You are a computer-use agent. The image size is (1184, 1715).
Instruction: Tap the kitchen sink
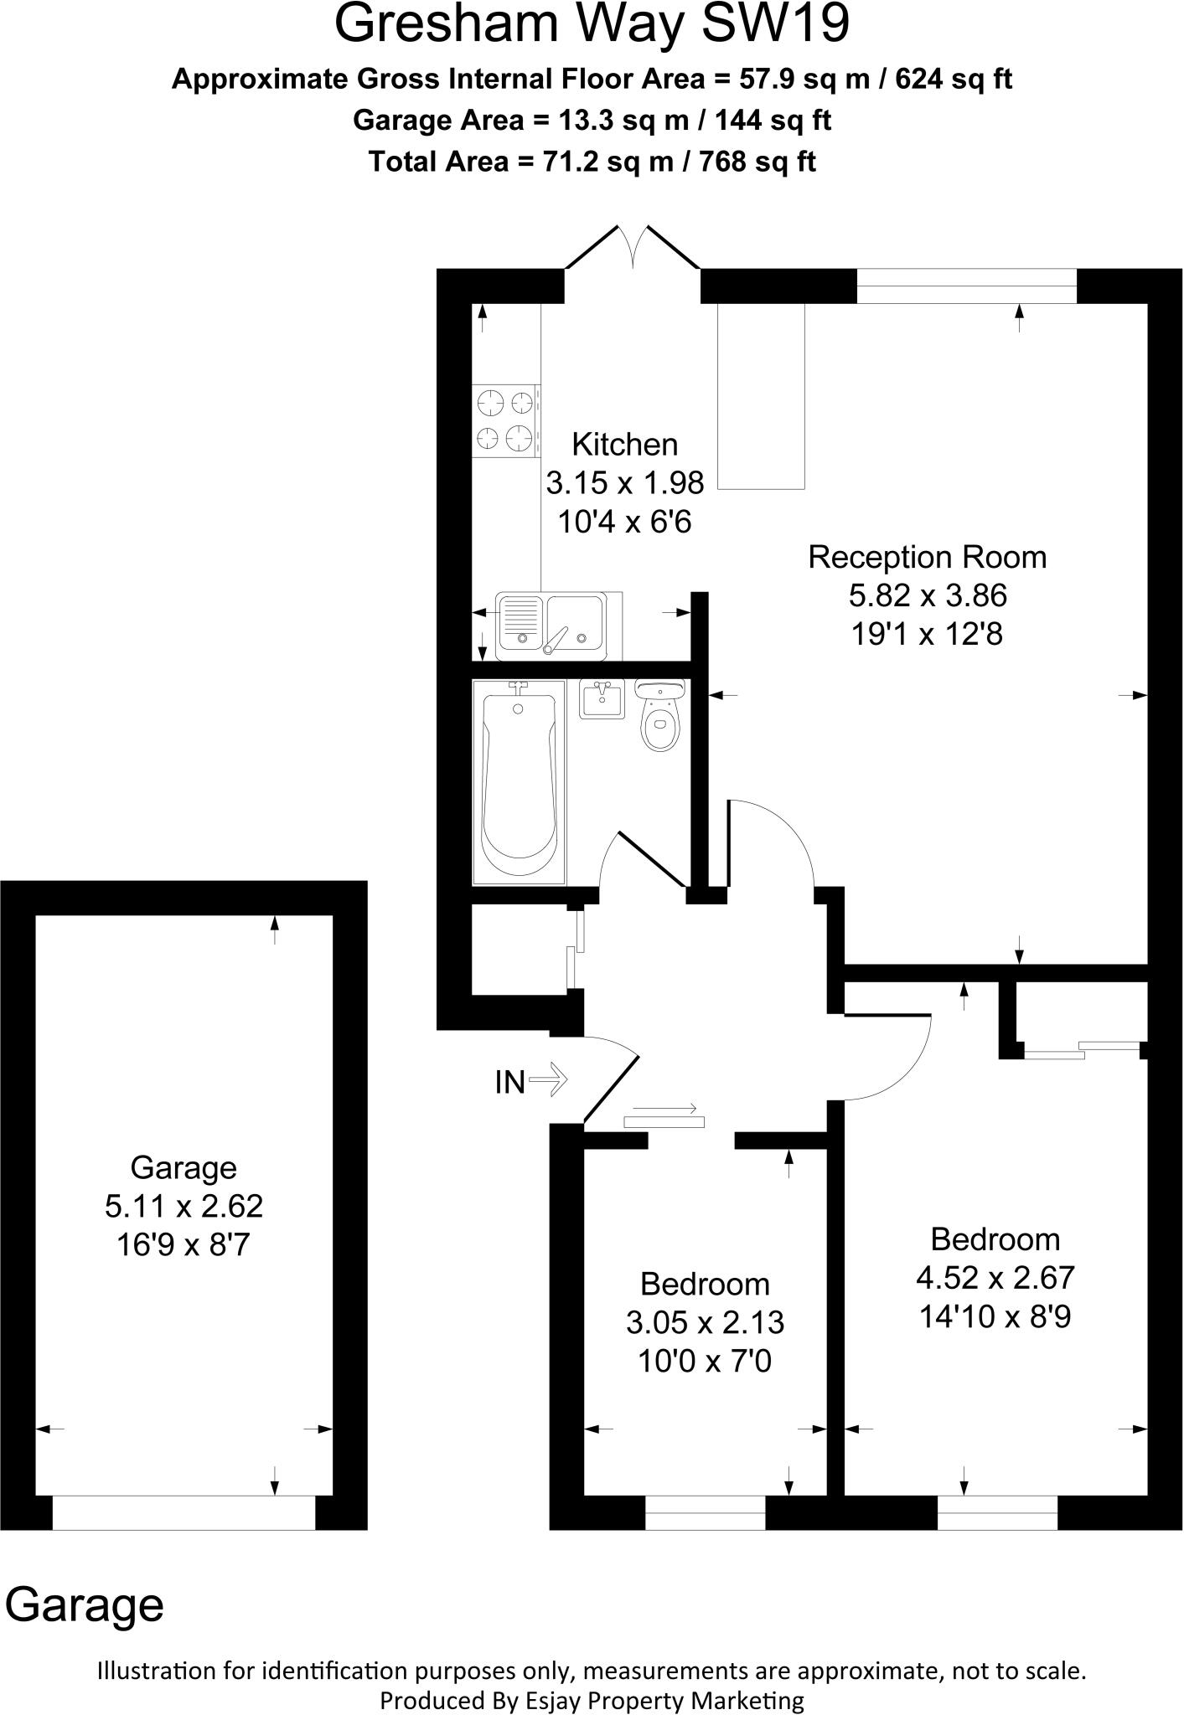point(558,625)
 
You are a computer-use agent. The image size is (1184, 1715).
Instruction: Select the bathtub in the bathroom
point(518,781)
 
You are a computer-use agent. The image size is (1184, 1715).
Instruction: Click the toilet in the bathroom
point(661,713)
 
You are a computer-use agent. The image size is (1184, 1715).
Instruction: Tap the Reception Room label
point(927,558)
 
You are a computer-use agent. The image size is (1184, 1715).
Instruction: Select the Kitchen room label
point(624,445)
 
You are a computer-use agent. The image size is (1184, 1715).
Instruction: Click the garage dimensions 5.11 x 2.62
point(184,1206)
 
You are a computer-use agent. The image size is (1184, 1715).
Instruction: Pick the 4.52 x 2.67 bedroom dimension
point(995,1278)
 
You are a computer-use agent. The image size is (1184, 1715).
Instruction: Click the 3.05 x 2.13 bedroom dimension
point(705,1322)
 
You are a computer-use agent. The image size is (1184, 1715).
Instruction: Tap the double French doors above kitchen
point(633,248)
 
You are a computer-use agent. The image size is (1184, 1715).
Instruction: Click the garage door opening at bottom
point(184,1512)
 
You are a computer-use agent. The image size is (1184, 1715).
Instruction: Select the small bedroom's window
point(705,1512)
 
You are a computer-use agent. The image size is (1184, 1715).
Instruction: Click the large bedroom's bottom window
point(997,1512)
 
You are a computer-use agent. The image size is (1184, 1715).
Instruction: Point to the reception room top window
point(966,286)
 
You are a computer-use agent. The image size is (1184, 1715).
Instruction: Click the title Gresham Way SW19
point(592,25)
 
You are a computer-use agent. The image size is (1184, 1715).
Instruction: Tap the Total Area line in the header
point(592,161)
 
